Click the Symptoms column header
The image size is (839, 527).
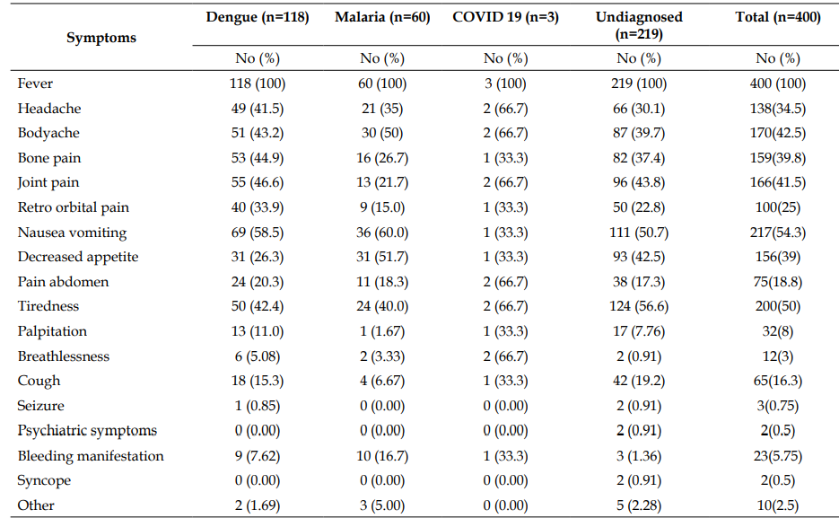coord(101,38)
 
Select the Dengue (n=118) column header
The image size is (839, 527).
coord(258,17)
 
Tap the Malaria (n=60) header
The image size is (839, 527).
coord(382,17)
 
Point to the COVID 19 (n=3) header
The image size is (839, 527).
coord(506,17)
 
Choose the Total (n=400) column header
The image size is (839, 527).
coord(778,17)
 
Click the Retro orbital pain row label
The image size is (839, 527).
coord(74,207)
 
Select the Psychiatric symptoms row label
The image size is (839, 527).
coord(87,431)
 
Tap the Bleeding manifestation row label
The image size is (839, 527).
coord(91,456)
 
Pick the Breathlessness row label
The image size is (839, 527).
coord(63,356)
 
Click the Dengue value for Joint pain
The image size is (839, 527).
coord(258,182)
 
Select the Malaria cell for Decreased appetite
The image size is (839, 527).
coord(382,257)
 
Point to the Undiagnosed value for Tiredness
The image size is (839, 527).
coord(639,306)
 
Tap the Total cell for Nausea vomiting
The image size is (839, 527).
coord(778,233)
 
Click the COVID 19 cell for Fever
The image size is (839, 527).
coord(506,83)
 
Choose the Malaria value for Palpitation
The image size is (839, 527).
coord(382,331)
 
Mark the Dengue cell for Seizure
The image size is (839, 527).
coord(258,406)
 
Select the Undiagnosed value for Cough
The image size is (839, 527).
coord(639,381)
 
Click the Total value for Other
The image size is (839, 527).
coord(778,505)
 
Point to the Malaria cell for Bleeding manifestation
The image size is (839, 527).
coord(382,456)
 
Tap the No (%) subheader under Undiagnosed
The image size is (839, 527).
coord(639,58)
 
